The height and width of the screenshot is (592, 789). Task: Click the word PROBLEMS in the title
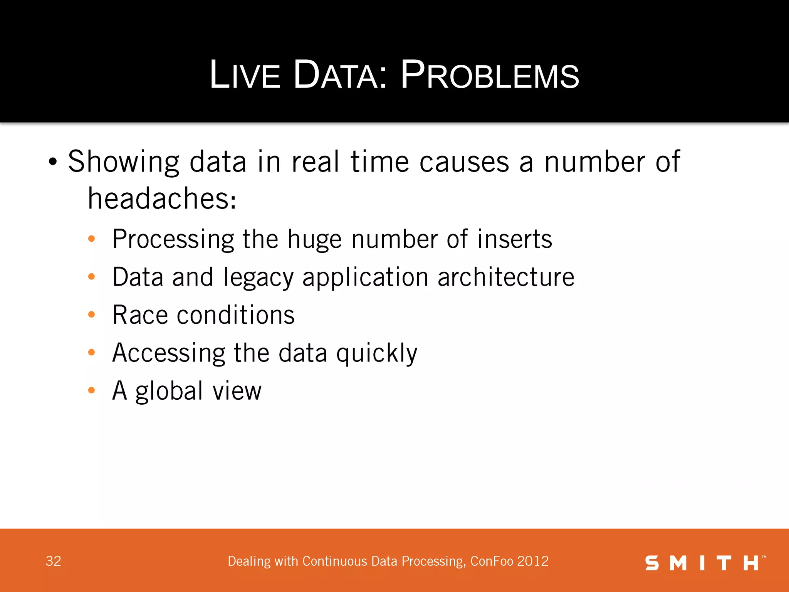click(x=490, y=75)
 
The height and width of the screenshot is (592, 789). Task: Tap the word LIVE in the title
click(x=245, y=75)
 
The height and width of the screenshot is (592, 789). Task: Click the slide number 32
click(x=54, y=561)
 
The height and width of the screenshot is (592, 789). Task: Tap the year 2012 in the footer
click(x=533, y=561)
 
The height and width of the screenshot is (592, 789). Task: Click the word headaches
click(x=162, y=198)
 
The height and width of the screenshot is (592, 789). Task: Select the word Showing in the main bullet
click(x=124, y=162)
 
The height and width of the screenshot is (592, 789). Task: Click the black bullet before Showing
click(x=53, y=162)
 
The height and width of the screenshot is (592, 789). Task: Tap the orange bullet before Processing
click(x=91, y=239)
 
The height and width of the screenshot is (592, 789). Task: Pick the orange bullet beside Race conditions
click(x=91, y=314)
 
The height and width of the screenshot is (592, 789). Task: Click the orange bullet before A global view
click(x=91, y=390)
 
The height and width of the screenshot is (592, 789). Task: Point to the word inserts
click(x=514, y=239)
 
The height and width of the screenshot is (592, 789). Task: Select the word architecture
click(x=506, y=277)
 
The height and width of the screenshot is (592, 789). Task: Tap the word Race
click(x=140, y=314)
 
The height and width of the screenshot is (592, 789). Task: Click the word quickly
click(x=376, y=353)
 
